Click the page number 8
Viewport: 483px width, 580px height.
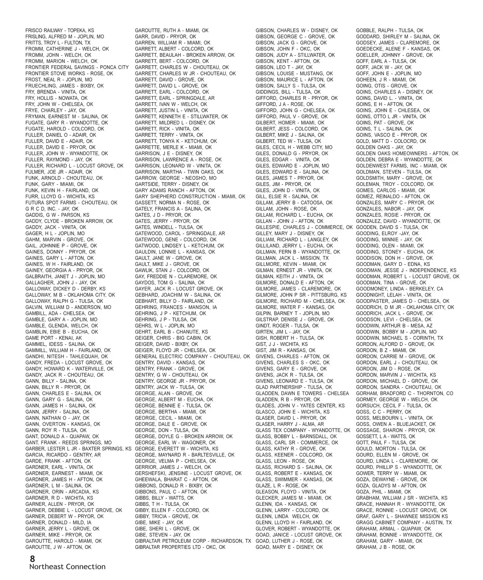pyautogui.click(x=32, y=559)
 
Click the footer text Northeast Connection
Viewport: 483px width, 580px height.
pyautogui.click(x=67, y=567)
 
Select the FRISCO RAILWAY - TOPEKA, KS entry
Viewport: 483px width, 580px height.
pyautogui.click(x=60, y=31)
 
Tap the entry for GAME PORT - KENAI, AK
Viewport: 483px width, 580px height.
pyautogui.click(x=54, y=338)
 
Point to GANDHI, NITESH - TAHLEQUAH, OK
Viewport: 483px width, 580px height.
pyautogui.click(x=66, y=356)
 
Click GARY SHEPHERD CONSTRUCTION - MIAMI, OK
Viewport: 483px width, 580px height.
pyautogui.click(x=190, y=197)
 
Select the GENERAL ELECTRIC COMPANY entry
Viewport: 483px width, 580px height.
pyautogui.click(x=192, y=356)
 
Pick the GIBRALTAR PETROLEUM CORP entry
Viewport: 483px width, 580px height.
pyautogui.click(x=193, y=541)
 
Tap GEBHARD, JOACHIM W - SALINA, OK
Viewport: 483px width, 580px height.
pyautogui.click(x=178, y=295)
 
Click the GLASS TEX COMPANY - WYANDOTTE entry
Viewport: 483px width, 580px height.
pyautogui.click(x=303, y=430)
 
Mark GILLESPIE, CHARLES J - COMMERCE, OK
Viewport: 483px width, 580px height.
pyautogui.click(x=304, y=227)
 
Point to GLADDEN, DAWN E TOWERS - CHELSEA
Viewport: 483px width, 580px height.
pyautogui.click(x=302, y=394)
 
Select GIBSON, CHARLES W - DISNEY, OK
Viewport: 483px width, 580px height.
pyautogui.click(x=297, y=31)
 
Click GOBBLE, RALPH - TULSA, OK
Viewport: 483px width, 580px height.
pyautogui.click(x=390, y=31)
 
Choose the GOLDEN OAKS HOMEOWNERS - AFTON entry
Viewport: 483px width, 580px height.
pyautogui.click(x=407, y=153)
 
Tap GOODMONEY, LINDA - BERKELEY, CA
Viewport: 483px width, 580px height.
pyautogui.click(x=399, y=289)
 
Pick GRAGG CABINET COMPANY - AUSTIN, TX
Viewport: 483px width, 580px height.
pyautogui.click(x=404, y=522)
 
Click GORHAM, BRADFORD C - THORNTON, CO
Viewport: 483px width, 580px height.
pyautogui.click(x=405, y=394)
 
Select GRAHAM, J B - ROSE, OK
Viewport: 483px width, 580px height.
pyautogui.click(x=385, y=547)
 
